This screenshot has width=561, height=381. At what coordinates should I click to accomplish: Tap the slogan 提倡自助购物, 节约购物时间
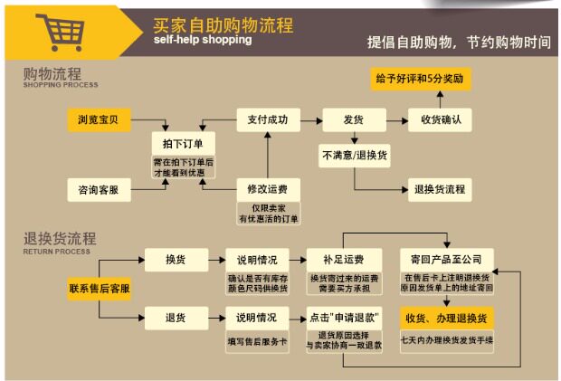click(x=458, y=42)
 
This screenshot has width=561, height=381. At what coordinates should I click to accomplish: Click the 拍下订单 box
click(x=177, y=144)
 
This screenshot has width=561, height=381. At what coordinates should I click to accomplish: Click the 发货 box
click(x=349, y=119)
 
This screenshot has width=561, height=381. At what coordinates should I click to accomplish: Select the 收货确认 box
click(x=441, y=119)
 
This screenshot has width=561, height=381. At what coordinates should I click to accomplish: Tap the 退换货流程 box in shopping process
click(x=440, y=189)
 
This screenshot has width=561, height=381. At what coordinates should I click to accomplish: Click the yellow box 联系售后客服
click(x=100, y=288)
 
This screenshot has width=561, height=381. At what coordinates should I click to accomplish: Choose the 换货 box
click(x=175, y=260)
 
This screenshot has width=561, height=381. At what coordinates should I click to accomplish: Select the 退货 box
click(x=175, y=318)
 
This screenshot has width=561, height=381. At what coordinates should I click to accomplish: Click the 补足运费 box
click(x=344, y=260)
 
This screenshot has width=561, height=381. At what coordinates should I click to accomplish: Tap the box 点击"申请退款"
click(x=344, y=318)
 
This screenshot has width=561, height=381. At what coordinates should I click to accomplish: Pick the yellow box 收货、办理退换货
click(x=446, y=318)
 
